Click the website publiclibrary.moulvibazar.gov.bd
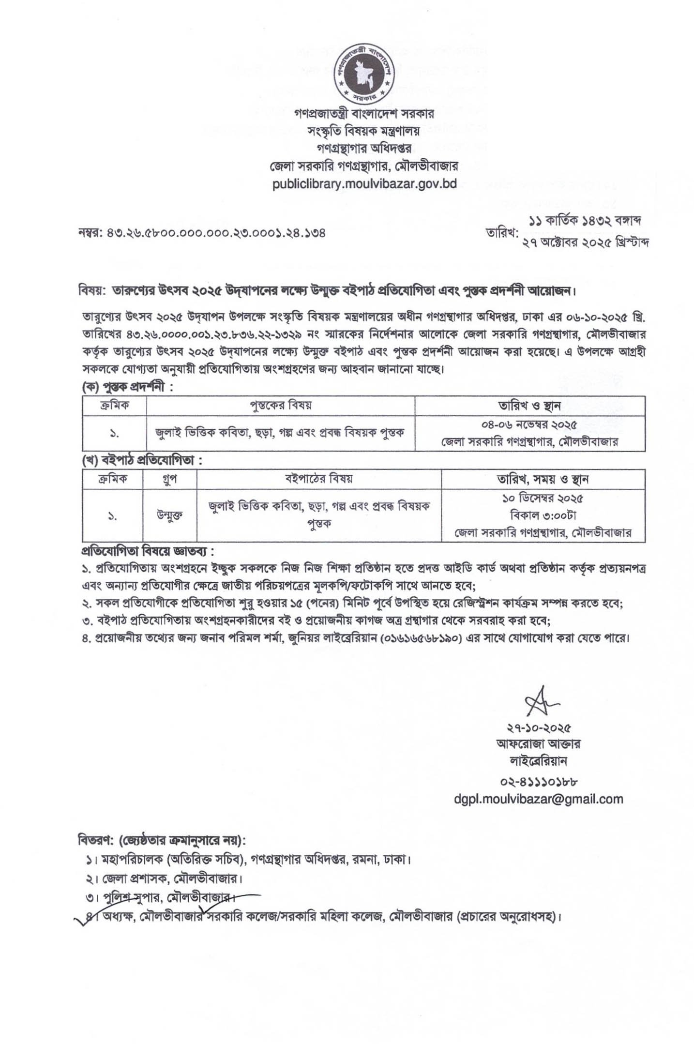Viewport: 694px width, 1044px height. (x=364, y=184)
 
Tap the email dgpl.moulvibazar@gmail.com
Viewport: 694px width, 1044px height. (x=538, y=799)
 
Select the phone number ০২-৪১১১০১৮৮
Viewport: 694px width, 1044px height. (x=539, y=781)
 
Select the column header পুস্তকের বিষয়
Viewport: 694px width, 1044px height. (x=280, y=405)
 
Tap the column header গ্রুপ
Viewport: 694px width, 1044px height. (x=169, y=479)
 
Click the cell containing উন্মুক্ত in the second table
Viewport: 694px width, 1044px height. (x=169, y=515)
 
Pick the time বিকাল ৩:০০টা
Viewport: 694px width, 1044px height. (x=543, y=515)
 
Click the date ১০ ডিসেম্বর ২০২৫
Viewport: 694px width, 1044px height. (x=543, y=498)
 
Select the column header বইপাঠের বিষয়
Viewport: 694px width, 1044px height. (x=318, y=479)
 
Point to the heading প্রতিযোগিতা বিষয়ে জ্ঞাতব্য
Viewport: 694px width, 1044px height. (x=147, y=551)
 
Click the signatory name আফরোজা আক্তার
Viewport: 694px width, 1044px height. (x=539, y=743)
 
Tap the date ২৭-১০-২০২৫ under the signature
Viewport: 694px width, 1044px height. (x=539, y=728)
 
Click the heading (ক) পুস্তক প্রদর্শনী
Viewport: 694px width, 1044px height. (x=127, y=387)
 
